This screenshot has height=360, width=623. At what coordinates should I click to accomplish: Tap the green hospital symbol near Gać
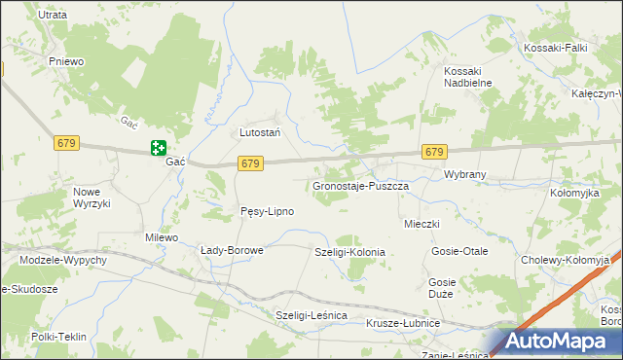click(158, 148)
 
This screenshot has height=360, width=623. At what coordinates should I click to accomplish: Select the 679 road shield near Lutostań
click(250, 163)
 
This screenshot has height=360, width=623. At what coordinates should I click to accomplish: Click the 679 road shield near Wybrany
click(434, 153)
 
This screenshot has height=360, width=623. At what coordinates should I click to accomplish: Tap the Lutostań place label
click(260, 131)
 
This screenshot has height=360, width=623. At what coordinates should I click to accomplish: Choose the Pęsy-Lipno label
click(267, 211)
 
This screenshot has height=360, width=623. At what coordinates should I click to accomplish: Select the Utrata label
click(52, 16)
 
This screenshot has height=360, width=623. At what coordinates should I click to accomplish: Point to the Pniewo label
click(68, 60)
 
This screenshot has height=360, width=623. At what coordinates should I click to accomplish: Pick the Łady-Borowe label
click(232, 250)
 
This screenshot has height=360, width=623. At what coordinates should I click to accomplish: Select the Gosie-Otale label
click(460, 251)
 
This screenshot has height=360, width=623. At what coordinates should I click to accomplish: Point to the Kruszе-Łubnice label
click(403, 323)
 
